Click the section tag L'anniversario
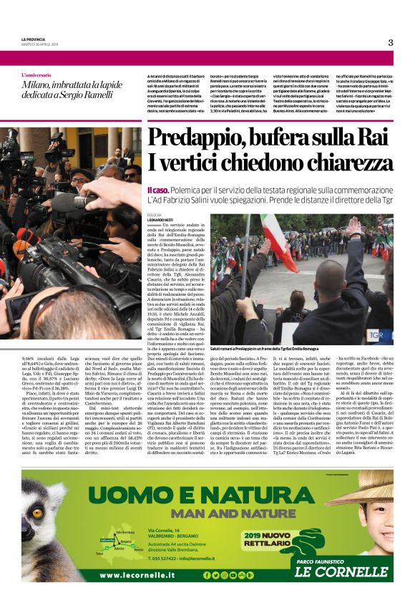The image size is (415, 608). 41,75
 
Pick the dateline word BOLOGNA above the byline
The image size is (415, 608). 155,213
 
